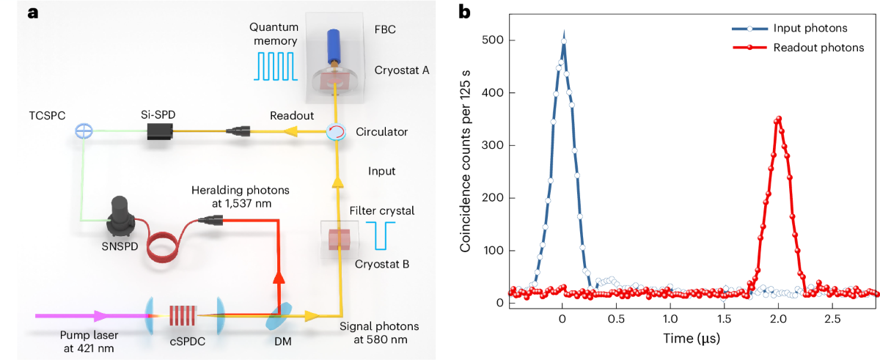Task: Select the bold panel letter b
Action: tap(464, 12)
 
